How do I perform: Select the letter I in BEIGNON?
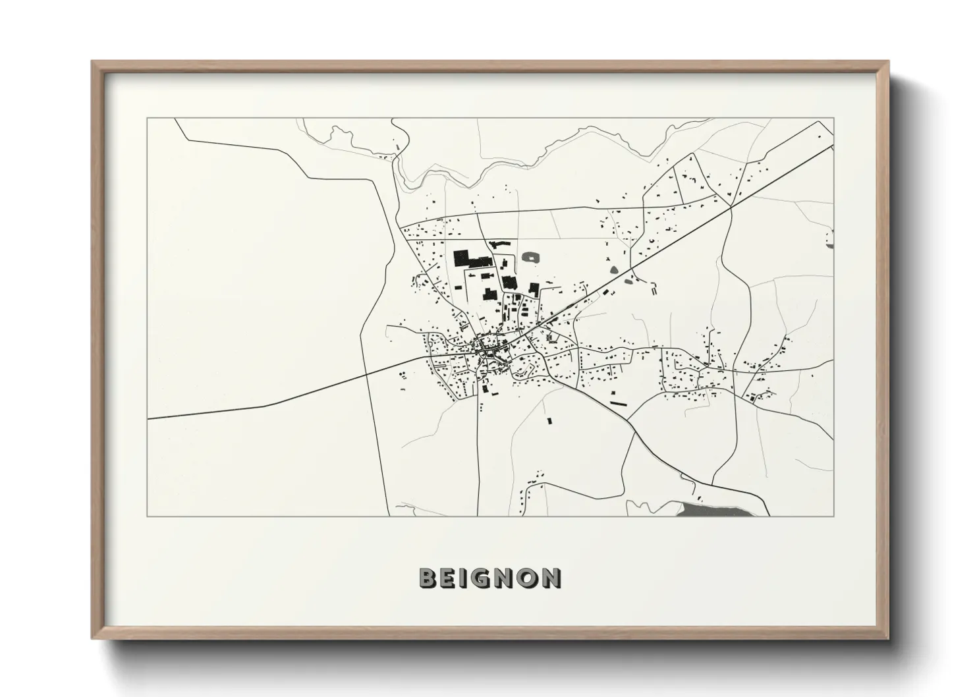point(464,578)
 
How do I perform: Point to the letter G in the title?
point(482,578)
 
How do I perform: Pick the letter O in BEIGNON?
point(528,578)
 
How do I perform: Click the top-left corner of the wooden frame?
point(93,63)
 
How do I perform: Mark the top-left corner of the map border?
point(148,119)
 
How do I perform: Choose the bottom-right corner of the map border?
point(834,516)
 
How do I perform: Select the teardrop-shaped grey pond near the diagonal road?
point(614,269)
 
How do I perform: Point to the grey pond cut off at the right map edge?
point(831,238)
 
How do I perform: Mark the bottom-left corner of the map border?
point(148,516)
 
